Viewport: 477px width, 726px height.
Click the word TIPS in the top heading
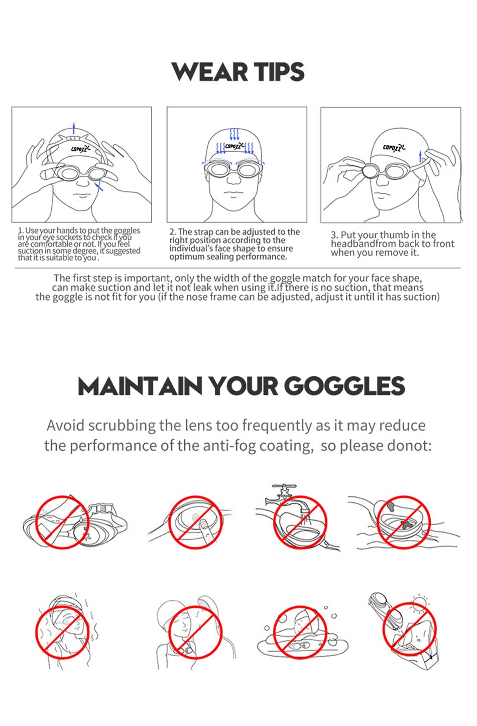point(279,72)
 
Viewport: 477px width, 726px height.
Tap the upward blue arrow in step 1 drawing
point(74,127)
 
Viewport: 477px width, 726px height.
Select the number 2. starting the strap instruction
point(173,232)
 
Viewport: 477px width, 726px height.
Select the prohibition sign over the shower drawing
point(195,632)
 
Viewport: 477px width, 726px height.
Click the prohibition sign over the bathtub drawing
point(300,632)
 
